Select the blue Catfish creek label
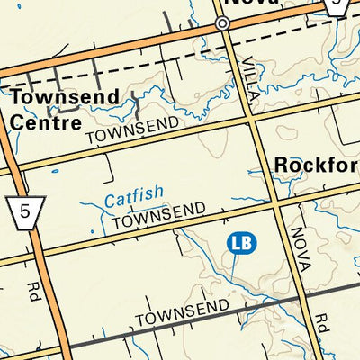point(133,193)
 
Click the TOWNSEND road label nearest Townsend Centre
point(127,131)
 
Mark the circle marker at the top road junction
point(222,24)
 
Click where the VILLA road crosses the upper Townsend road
point(249,116)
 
